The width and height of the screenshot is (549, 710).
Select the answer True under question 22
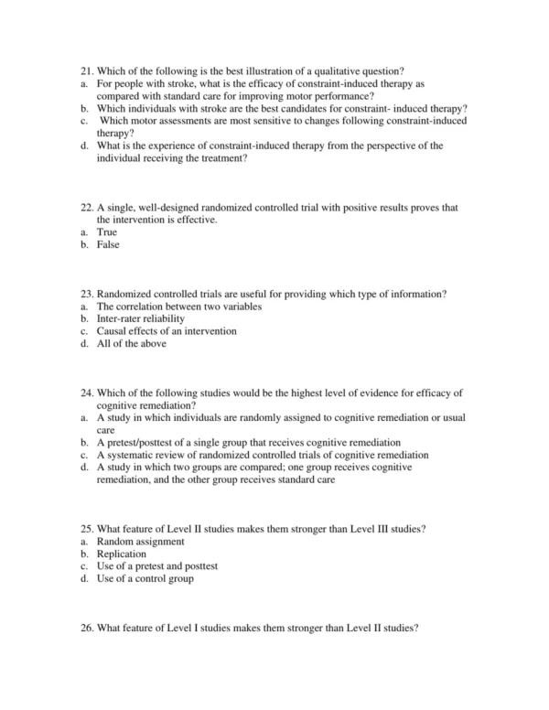107,232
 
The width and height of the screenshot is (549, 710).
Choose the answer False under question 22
108,244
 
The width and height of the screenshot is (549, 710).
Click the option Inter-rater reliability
141,318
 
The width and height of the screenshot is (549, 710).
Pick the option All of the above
132,343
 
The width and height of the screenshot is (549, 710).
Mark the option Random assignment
140,542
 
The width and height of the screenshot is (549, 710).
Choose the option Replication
122,554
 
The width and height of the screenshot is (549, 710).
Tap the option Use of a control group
145,577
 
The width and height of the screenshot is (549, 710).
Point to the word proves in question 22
411,208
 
